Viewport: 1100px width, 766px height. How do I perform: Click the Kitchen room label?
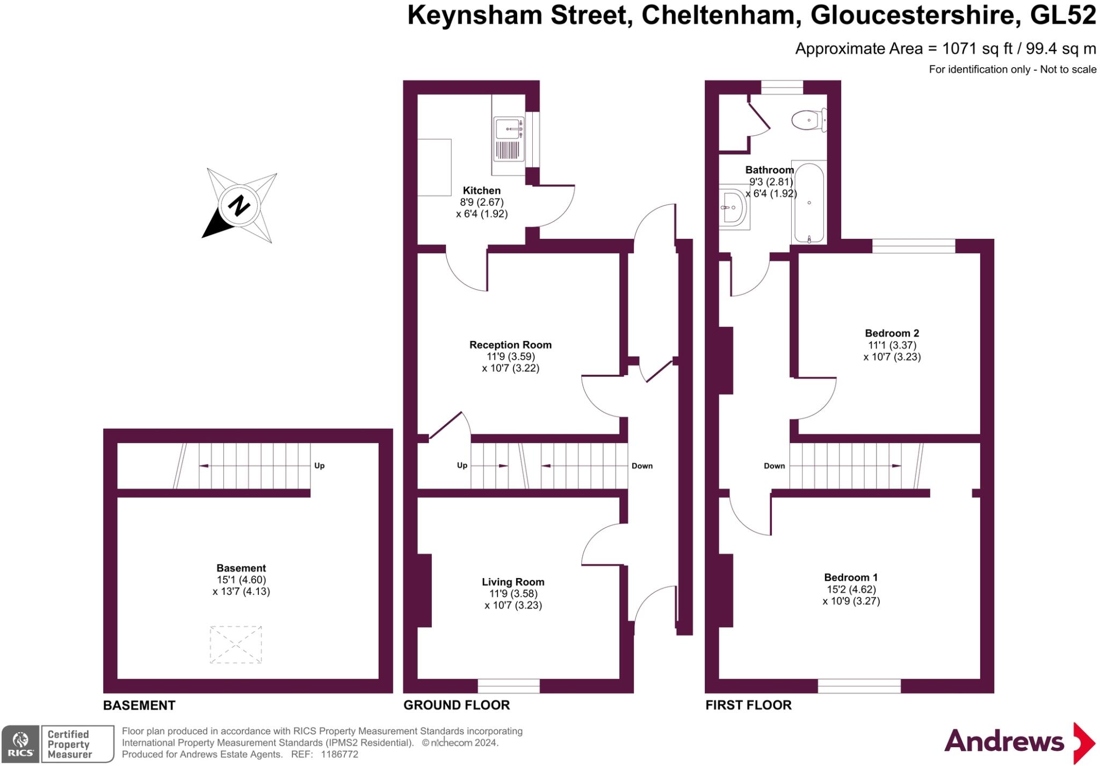pyautogui.click(x=482, y=191)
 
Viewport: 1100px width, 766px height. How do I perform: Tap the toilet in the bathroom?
pyautogui.click(x=809, y=120)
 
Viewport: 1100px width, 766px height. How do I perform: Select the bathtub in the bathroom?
pyautogui.click(x=809, y=203)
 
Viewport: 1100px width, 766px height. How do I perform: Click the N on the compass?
pyautogui.click(x=240, y=205)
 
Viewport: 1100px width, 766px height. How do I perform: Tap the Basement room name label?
pyautogui.click(x=241, y=568)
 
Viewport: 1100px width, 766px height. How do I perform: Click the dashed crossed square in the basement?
pyautogui.click(x=236, y=644)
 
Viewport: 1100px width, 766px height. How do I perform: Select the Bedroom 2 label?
pyautogui.click(x=892, y=333)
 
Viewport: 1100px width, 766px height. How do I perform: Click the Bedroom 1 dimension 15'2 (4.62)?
pyautogui.click(x=851, y=589)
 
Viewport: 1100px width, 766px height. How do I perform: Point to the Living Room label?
pyautogui.click(x=513, y=582)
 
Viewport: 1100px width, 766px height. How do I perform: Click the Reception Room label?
pyautogui.click(x=510, y=345)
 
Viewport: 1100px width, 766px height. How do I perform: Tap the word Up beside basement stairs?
pyautogui.click(x=319, y=466)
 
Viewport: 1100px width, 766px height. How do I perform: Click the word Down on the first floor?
pyautogui.click(x=774, y=466)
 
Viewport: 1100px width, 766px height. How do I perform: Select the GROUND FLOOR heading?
pyautogui.click(x=457, y=705)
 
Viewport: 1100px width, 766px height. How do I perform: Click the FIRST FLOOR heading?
pyautogui.click(x=748, y=705)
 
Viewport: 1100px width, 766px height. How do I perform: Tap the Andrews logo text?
pyautogui.click(x=1004, y=742)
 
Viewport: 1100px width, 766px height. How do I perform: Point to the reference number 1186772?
pyautogui.click(x=339, y=754)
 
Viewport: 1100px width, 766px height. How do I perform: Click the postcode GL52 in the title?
pyautogui.click(x=1063, y=15)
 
